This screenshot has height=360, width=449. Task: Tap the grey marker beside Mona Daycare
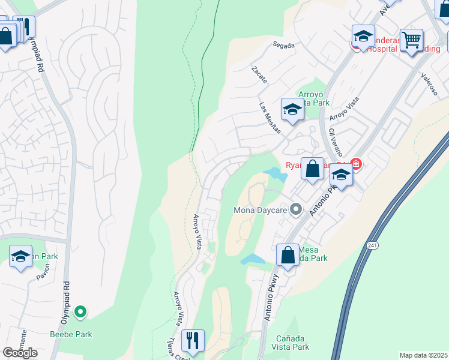coord(295,209)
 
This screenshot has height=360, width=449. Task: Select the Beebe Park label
coord(71,334)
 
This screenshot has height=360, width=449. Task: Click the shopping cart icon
coord(411,40)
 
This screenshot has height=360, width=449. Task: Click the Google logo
coord(20,353)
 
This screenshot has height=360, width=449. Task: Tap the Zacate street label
coord(259,75)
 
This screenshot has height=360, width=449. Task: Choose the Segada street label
coord(283,45)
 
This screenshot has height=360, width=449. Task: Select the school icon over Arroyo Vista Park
coord(292,109)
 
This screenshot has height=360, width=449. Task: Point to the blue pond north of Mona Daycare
coord(276,174)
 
